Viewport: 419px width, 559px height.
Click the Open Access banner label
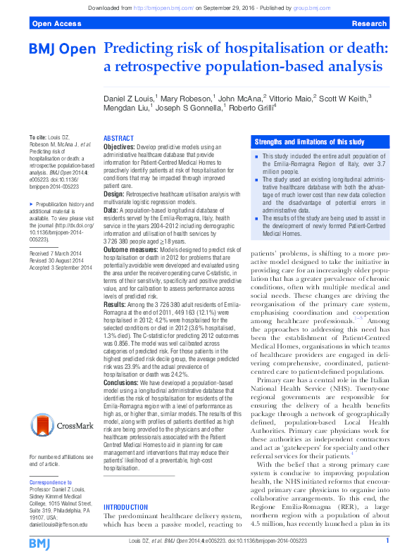coord(54,24)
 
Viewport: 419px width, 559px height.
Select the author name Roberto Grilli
coord(251,108)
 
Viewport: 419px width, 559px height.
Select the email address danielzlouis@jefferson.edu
coord(58,525)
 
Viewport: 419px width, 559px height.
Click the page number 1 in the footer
coord(388,540)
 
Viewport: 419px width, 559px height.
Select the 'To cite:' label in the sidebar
coord(37,135)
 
